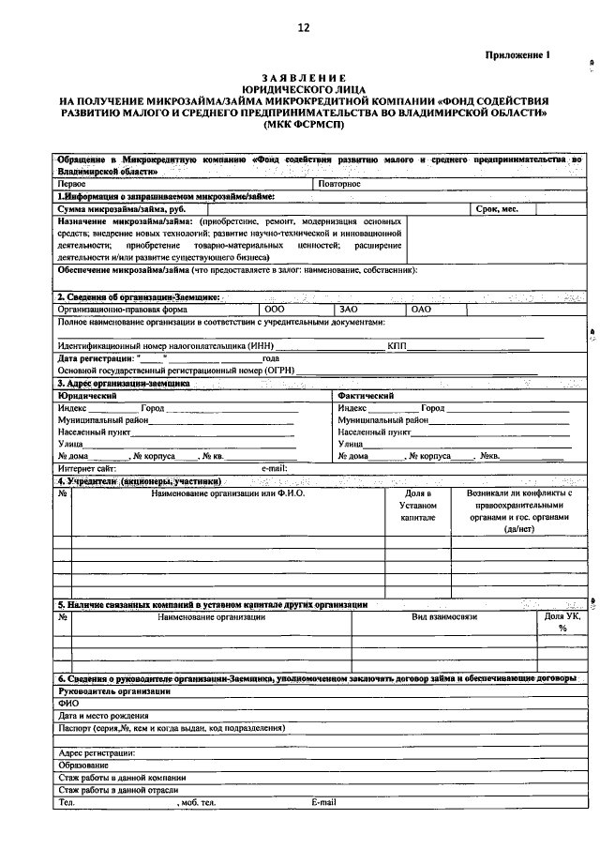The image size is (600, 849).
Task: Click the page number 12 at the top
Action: point(303,28)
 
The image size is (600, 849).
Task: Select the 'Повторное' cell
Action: point(339,184)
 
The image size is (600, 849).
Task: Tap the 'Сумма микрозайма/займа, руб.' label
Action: point(117,209)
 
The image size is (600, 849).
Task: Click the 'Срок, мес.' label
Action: point(497,209)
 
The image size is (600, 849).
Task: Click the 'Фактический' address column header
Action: point(366,396)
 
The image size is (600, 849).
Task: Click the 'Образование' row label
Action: point(83,765)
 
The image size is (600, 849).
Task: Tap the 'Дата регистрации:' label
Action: point(94,357)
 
